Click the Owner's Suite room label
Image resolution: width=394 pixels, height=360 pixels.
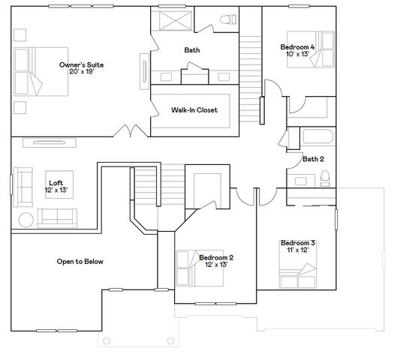(x=81, y=64)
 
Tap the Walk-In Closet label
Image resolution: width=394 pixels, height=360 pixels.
(x=194, y=110)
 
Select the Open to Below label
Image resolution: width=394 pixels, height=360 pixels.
(x=80, y=262)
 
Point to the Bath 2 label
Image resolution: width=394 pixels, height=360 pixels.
(x=313, y=159)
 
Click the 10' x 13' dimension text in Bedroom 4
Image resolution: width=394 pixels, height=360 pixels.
(x=297, y=54)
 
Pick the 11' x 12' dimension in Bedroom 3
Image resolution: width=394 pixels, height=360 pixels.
(x=298, y=250)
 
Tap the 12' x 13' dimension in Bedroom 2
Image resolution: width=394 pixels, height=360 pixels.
(x=216, y=265)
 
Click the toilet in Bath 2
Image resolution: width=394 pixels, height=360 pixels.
(x=325, y=178)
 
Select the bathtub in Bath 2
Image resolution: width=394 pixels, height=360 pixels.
(x=318, y=136)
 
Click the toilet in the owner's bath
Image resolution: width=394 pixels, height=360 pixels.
(x=228, y=19)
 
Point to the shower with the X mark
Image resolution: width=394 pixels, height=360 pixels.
(x=175, y=21)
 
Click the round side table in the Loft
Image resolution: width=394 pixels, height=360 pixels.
(x=26, y=220)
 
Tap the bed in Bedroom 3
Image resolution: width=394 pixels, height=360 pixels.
(x=298, y=264)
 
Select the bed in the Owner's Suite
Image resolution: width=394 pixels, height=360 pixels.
(x=41, y=71)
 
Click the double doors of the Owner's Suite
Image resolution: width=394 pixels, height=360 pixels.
(x=131, y=130)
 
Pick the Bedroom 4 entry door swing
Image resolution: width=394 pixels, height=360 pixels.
(x=274, y=88)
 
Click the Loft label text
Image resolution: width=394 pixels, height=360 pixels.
(x=56, y=183)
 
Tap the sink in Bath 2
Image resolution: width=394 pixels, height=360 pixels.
(x=300, y=181)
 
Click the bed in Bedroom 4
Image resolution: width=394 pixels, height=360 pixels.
(x=311, y=49)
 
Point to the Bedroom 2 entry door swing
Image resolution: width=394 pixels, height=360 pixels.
(x=245, y=197)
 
